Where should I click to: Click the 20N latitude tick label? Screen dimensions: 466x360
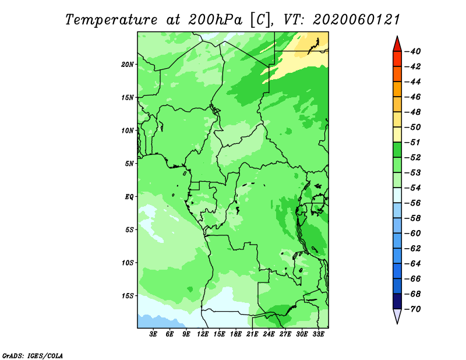coord(128,65)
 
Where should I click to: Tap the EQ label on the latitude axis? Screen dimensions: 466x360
coord(129,197)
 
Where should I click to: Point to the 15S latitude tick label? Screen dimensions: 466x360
coord(128,296)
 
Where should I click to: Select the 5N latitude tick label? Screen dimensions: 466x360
coord(129,164)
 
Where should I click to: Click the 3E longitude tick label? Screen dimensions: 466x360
coord(153,334)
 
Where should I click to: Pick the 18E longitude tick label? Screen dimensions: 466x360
coord(236,334)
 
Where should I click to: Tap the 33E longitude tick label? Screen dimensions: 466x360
coord(318,334)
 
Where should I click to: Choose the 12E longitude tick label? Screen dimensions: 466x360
coord(203,334)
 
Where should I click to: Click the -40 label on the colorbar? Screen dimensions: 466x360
coord(412,51)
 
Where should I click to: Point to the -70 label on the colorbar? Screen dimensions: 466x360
coord(412,309)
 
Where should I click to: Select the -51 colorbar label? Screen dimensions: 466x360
coord(412,142)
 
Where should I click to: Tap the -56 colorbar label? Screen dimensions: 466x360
coord(412,203)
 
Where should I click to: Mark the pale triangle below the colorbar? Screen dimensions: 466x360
coord(397,315)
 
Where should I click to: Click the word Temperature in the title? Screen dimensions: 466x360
coord(111,20)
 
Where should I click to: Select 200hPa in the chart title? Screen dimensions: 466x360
coord(215,20)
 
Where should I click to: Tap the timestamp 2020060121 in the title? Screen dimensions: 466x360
coord(356,20)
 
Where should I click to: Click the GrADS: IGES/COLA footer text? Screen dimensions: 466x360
coord(33,356)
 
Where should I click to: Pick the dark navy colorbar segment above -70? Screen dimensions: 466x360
coord(397,301)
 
